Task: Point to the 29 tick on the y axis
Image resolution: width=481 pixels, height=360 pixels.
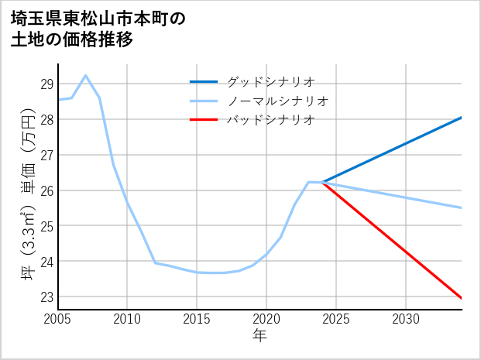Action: tap(47, 84)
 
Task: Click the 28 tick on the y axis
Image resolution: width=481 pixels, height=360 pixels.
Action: tap(47, 119)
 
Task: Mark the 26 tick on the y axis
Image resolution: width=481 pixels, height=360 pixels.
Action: tap(47, 190)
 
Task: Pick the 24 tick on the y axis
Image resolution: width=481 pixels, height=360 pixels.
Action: tap(47, 262)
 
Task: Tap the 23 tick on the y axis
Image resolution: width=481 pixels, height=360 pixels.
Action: tap(47, 297)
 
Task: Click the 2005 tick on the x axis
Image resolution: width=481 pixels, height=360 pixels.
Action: tap(58, 319)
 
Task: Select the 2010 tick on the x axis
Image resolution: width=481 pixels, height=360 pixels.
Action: tap(127, 319)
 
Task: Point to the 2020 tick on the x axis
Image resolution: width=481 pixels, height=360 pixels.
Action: tap(266, 319)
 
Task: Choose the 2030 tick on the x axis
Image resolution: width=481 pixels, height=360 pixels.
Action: tap(406, 319)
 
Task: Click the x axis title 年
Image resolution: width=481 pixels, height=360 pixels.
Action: tap(259, 335)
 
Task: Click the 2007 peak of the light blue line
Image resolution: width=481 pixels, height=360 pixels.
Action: tap(85, 76)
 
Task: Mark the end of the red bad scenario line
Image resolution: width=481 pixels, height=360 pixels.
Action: tap(462, 298)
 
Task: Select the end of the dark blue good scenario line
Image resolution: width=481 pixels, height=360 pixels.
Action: tap(462, 118)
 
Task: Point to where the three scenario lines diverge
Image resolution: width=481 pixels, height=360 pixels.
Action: tap(322, 183)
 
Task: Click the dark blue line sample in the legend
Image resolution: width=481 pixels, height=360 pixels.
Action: tap(204, 81)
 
